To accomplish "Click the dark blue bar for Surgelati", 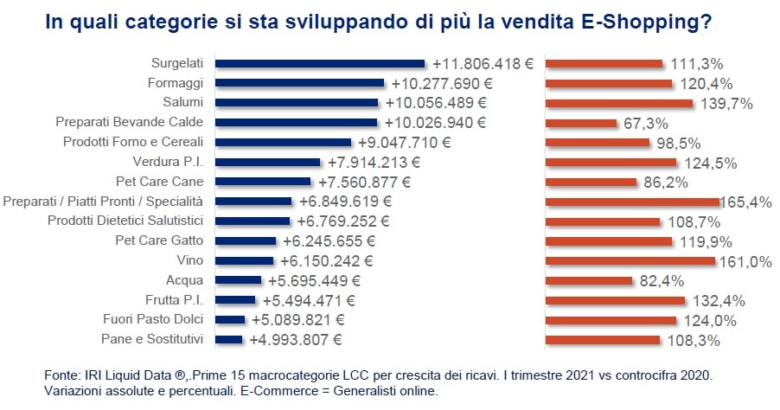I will click(320, 63).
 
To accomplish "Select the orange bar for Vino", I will click(630, 260).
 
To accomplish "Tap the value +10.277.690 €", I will click(440, 84).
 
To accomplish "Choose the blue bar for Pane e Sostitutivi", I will click(228, 339).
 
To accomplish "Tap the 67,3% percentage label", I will click(645, 124).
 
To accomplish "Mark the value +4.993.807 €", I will click(297, 340).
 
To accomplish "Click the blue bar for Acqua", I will click(238, 280).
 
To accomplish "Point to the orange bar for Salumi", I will click(619, 103).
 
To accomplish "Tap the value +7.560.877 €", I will click(364, 183).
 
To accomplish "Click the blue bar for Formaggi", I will click(299, 83).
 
